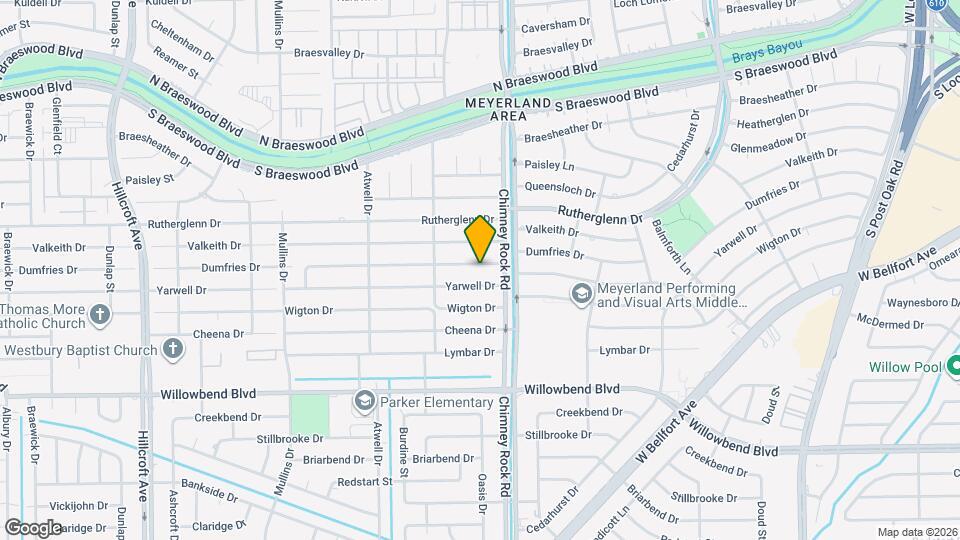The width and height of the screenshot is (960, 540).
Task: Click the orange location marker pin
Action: click(x=481, y=239)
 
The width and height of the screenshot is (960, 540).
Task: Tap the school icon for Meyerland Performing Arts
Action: click(x=581, y=294)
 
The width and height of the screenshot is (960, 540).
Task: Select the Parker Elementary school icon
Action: click(x=364, y=402)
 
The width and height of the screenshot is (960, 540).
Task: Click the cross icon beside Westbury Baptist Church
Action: click(x=173, y=349)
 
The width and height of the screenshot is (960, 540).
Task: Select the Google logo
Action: click(x=33, y=527)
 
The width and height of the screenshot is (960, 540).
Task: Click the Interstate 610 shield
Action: click(x=936, y=4)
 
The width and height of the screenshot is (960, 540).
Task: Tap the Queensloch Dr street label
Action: click(x=561, y=189)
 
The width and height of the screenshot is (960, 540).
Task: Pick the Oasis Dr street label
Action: click(x=482, y=494)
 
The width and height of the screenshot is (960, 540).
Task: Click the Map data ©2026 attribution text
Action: click(x=916, y=532)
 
